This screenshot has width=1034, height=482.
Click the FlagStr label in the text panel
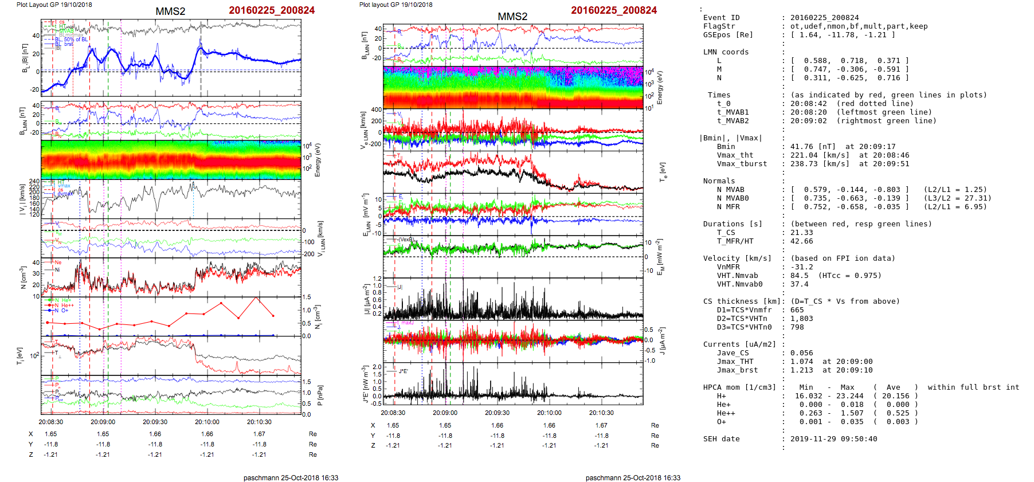(x=719, y=26)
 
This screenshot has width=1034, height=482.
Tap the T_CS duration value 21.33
(x=801, y=233)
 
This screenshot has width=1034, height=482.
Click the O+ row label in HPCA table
(x=721, y=422)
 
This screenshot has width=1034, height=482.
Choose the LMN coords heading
(x=726, y=52)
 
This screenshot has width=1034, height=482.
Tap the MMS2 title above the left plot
(x=170, y=11)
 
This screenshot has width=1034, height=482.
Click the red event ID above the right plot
(x=614, y=10)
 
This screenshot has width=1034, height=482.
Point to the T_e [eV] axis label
(x=663, y=171)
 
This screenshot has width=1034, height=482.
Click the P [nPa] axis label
(x=320, y=395)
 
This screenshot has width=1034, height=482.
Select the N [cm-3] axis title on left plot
(x=23, y=277)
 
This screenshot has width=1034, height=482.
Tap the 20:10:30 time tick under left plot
(x=259, y=422)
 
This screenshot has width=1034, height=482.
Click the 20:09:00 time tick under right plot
(x=445, y=413)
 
